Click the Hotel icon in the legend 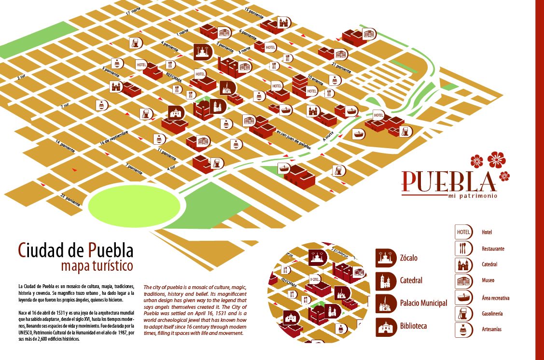click(x=463, y=232)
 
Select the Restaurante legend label click(x=493, y=249)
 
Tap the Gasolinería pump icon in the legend click(x=463, y=314)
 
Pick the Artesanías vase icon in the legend click(x=463, y=330)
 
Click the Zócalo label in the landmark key click(x=408, y=258)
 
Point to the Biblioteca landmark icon click(x=385, y=326)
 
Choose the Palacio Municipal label click(x=423, y=303)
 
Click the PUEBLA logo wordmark click(x=449, y=181)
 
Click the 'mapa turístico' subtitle click(x=97, y=265)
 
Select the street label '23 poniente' click(x=70, y=199)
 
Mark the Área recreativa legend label click(x=495, y=298)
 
